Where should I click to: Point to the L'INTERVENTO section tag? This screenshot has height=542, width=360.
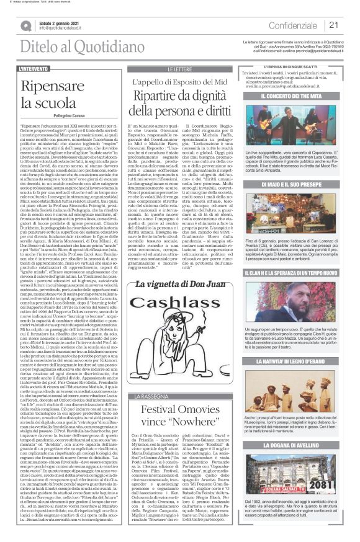point(35,68)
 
